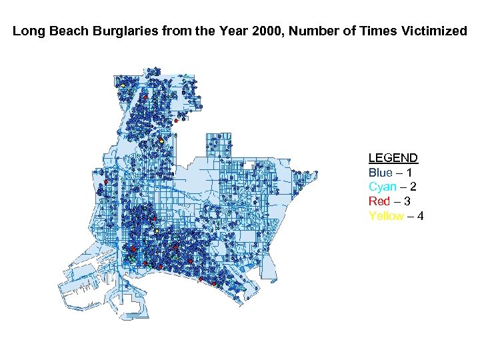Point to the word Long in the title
point(27,31)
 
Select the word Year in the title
point(201,31)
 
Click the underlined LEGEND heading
point(393,158)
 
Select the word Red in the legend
point(379,201)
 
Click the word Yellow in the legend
point(386,216)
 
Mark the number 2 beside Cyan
point(417,187)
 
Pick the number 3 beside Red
point(411,201)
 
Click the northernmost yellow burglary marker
point(123,85)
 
